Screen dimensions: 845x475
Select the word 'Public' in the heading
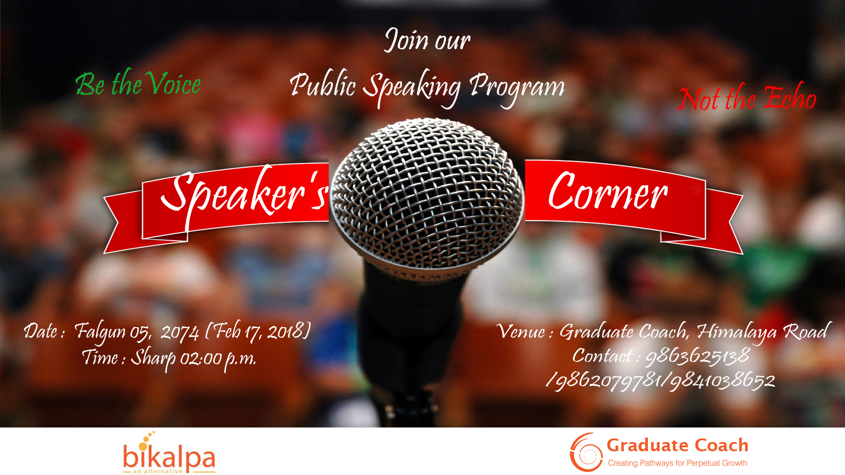323,84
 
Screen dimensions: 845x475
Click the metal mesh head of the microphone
427,194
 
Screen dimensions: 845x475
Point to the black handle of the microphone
411,334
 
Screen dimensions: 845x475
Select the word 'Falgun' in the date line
100,332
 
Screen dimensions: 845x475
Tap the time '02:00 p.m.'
218,359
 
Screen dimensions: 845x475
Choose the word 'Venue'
521,331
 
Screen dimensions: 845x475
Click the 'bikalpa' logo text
169,457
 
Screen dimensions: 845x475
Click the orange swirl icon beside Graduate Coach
586,453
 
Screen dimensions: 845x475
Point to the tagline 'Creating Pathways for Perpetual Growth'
677,463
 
